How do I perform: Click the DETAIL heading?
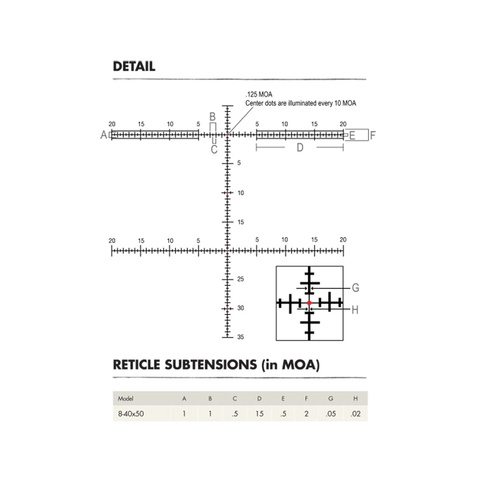[134, 66]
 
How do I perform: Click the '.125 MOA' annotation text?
[259, 95]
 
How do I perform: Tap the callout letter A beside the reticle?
[104, 135]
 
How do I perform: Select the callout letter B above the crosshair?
[213, 117]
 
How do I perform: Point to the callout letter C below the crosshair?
[214, 149]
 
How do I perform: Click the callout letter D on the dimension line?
[300, 148]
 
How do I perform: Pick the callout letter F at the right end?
[373, 135]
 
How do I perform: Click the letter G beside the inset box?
[355, 288]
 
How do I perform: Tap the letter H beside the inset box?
[355, 310]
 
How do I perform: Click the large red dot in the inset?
[309, 303]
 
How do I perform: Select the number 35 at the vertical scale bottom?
[240, 337]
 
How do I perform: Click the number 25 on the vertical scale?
[240, 279]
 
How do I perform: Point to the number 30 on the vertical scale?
[240, 308]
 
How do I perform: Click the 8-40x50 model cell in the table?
[131, 414]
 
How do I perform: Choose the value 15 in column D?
[259, 414]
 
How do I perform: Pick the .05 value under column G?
[330, 414]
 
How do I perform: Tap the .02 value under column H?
[355, 414]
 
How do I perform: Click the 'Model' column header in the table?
[126, 399]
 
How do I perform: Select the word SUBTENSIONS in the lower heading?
[211, 365]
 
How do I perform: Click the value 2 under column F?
[306, 414]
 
